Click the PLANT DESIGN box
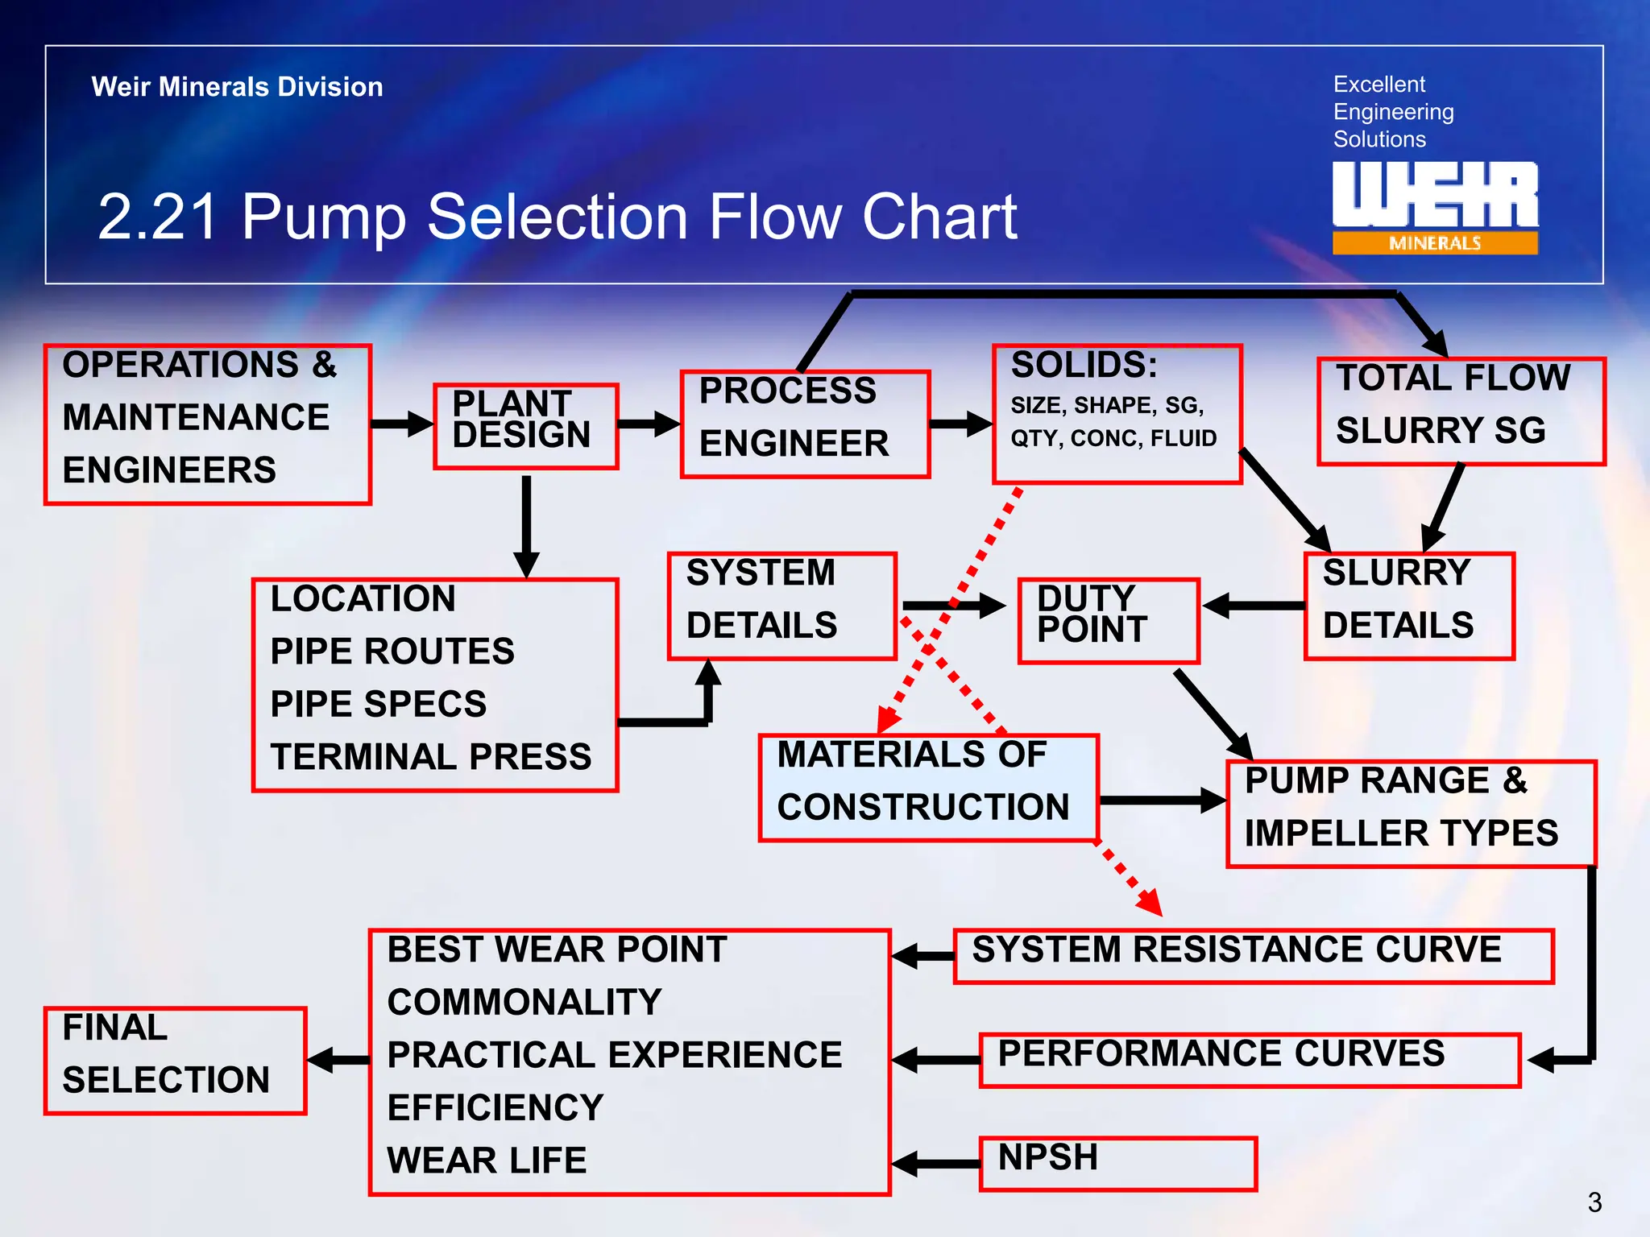click(x=525, y=426)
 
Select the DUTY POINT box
click(x=1108, y=621)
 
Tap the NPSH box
click(x=1117, y=1163)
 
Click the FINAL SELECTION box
click(x=175, y=1061)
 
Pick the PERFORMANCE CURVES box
click(x=1249, y=1060)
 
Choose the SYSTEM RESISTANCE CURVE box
click(x=1253, y=956)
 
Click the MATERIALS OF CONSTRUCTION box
click(x=928, y=788)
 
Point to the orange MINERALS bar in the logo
click(x=1434, y=243)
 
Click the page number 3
click(x=1594, y=1202)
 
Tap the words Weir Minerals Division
click(x=237, y=87)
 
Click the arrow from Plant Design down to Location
click(x=526, y=523)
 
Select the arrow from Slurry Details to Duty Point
click(x=1252, y=606)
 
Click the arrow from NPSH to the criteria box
click(x=935, y=1164)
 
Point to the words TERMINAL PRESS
click(x=430, y=757)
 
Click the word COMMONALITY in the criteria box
click(x=524, y=1003)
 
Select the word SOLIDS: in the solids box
click(x=1084, y=366)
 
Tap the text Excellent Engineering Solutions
click(x=1392, y=112)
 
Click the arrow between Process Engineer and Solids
click(x=960, y=424)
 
